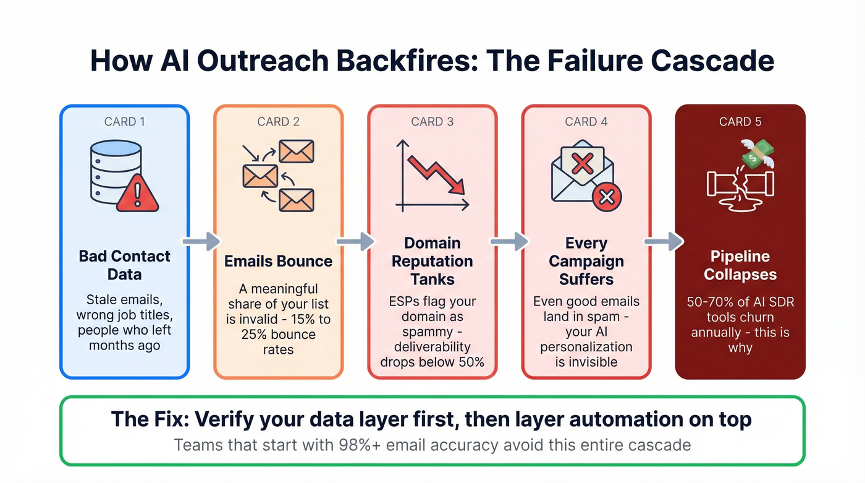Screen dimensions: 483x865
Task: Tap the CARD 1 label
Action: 124,122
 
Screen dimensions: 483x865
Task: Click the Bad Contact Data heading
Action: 124,265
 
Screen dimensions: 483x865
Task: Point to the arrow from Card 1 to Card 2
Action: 201,241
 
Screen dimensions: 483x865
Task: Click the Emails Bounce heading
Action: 278,261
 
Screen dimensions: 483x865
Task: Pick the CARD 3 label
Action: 432,122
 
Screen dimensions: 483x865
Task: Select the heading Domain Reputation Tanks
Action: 432,261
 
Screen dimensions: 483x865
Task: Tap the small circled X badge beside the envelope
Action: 606,197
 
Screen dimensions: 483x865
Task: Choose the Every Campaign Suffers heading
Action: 586,261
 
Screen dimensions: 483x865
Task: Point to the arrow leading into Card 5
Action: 663,241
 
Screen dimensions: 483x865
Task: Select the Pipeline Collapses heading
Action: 740,265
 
